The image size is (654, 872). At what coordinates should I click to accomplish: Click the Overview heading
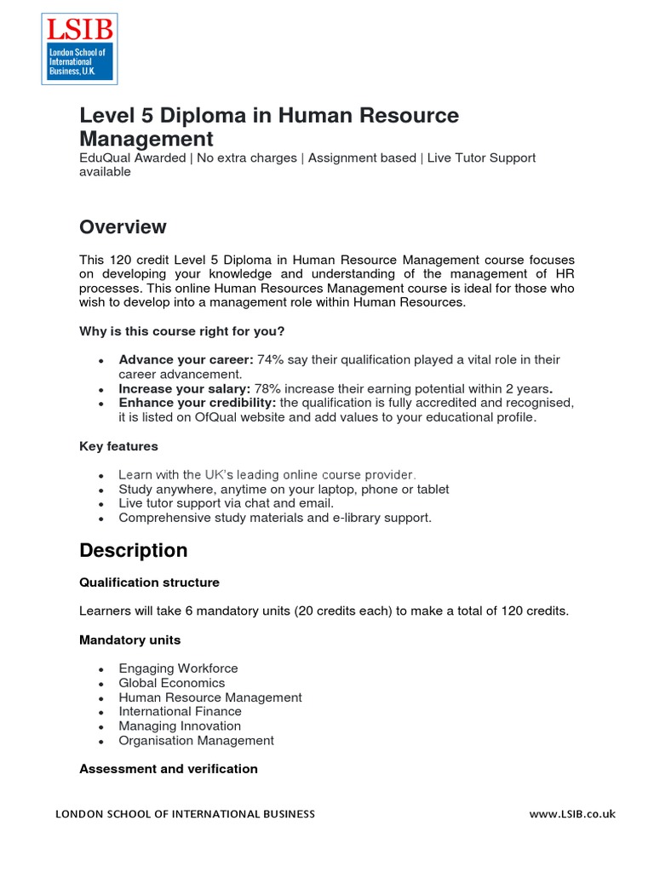pyautogui.click(x=123, y=227)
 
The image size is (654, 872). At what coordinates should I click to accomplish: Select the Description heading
pyautogui.click(x=133, y=551)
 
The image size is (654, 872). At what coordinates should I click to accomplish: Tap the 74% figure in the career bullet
pyautogui.click(x=269, y=360)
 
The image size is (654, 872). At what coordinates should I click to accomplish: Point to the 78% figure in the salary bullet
pyautogui.click(x=268, y=389)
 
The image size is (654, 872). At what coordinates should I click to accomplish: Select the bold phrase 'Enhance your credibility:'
pyautogui.click(x=197, y=403)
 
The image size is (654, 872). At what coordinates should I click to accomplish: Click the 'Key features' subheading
pyautogui.click(x=118, y=446)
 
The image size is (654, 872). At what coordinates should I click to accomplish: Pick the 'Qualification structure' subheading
pyautogui.click(x=149, y=582)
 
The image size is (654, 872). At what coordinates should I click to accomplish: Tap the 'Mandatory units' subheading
pyautogui.click(x=129, y=640)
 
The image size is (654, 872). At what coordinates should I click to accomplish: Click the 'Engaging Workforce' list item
pyautogui.click(x=178, y=668)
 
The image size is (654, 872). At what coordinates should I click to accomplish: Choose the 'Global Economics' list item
pyautogui.click(x=172, y=683)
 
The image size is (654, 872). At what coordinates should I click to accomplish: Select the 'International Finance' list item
pyautogui.click(x=180, y=711)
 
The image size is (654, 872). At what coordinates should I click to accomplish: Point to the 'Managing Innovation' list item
pyautogui.click(x=180, y=726)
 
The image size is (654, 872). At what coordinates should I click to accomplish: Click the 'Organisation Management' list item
pyautogui.click(x=196, y=740)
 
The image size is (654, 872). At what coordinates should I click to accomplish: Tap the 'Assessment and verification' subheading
pyautogui.click(x=168, y=769)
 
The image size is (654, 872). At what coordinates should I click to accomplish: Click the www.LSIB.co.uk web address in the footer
pyautogui.click(x=571, y=814)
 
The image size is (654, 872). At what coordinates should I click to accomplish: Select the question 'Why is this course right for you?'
pyautogui.click(x=187, y=330)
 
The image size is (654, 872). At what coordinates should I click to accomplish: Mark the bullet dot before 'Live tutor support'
pyautogui.click(x=101, y=504)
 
